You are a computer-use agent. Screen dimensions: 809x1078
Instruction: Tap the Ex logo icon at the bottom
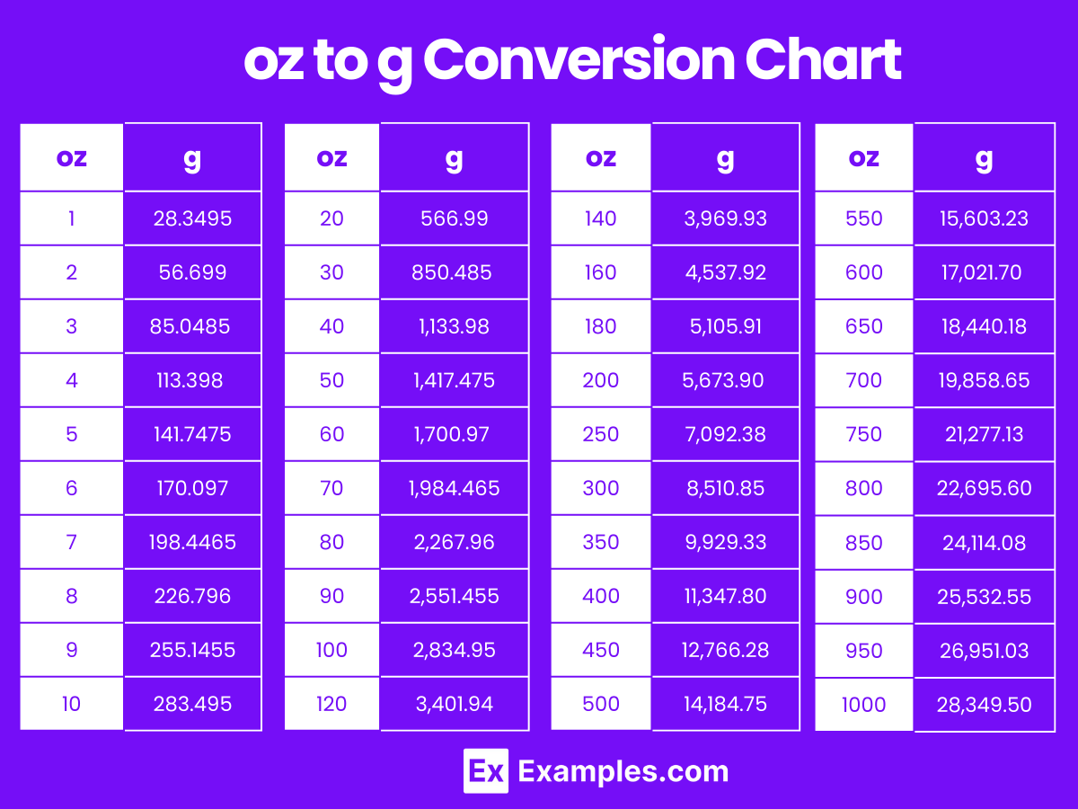click(486, 771)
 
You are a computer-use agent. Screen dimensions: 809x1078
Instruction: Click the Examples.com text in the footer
click(623, 771)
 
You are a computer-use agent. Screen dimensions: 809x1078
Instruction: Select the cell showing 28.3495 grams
click(192, 218)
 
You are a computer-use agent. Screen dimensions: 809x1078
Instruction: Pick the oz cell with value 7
click(72, 542)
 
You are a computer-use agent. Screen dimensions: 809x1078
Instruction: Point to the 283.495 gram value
click(192, 704)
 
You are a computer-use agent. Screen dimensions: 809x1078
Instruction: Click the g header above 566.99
click(454, 158)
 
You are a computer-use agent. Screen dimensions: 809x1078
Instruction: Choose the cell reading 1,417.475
click(454, 380)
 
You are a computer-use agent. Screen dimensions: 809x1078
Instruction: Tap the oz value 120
click(331, 704)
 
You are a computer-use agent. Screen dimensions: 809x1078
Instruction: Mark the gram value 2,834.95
click(454, 650)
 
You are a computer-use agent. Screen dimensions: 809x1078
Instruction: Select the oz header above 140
click(600, 158)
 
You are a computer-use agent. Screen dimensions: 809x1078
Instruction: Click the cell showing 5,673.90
click(723, 380)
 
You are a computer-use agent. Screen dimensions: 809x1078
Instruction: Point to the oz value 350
click(600, 542)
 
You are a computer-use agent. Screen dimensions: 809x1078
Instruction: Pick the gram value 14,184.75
click(725, 704)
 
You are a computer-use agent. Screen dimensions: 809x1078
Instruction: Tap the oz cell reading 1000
click(864, 705)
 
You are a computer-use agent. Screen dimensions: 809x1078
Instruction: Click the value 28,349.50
click(984, 705)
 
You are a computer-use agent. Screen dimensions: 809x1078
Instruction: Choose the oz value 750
click(864, 434)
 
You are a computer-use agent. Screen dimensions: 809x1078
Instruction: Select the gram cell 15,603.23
click(984, 218)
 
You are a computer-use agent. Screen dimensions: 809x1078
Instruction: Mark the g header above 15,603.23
click(984, 158)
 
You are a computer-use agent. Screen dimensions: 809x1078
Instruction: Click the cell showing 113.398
click(192, 380)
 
